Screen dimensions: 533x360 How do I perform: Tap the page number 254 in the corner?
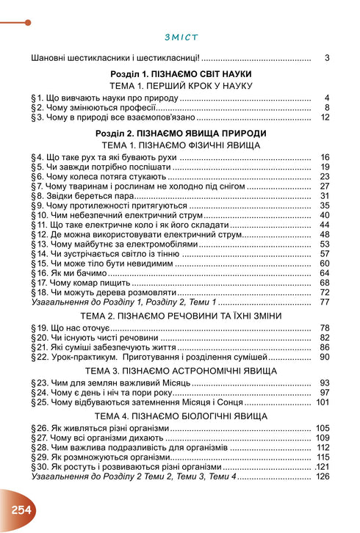coord(21,509)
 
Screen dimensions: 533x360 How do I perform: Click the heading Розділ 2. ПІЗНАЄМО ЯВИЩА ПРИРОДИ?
coord(180,133)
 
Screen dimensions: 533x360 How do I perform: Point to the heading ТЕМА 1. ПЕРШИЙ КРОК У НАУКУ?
coord(180,86)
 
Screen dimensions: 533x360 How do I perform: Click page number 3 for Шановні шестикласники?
coord(325,57)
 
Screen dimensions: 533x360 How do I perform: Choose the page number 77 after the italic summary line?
coord(324,302)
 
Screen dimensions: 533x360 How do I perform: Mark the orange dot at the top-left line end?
coord(28,22)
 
